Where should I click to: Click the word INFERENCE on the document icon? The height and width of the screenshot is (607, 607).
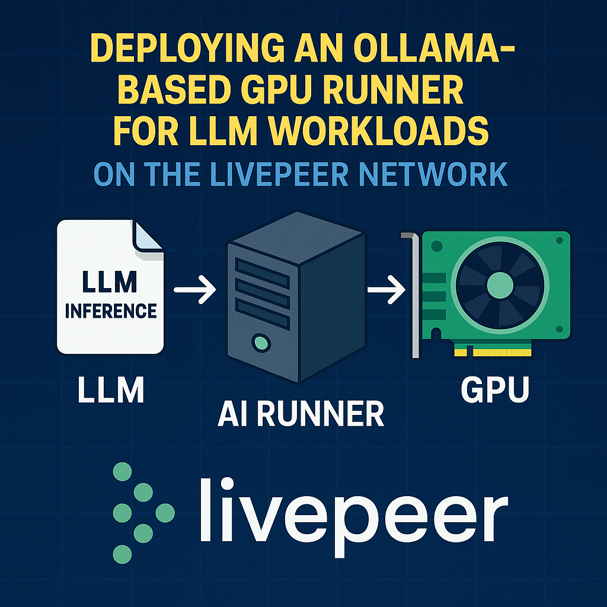(110, 311)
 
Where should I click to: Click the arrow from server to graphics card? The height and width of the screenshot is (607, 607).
(385, 290)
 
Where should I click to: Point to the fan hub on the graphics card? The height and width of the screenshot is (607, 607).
(499, 286)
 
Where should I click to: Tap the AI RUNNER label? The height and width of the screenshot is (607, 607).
(300, 414)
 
